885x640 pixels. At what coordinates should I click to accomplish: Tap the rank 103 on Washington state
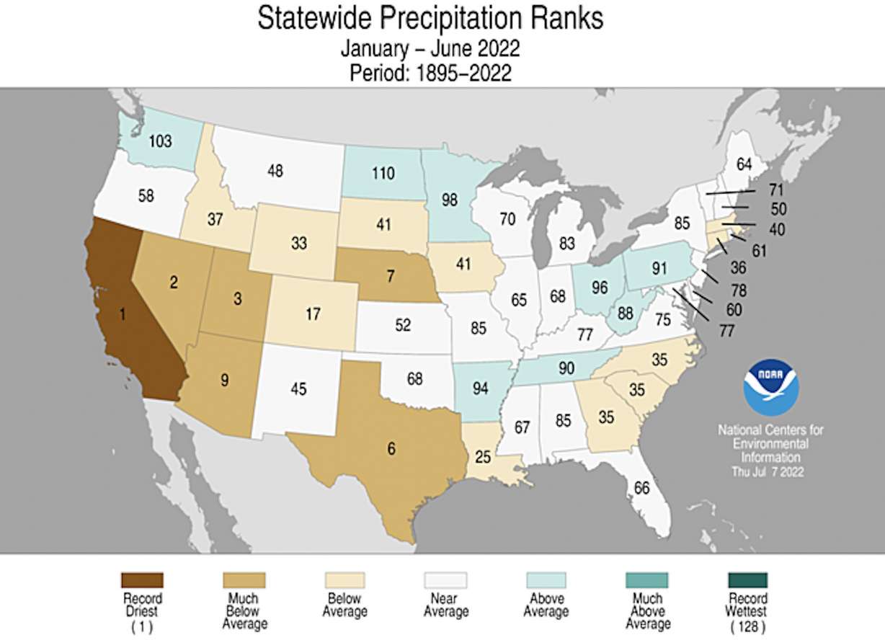pos(159,141)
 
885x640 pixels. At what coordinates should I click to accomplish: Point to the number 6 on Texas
pos(391,448)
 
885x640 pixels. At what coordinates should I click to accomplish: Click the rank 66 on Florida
pos(641,487)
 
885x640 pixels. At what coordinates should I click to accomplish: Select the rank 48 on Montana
pos(275,172)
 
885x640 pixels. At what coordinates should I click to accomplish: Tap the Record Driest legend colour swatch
pos(142,579)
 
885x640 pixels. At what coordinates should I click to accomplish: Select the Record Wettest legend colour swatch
pos(747,579)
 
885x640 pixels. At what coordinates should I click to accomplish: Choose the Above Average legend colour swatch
pos(546,579)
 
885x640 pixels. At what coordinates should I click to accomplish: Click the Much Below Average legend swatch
pos(243,579)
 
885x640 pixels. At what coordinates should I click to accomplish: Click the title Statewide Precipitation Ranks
pos(430,19)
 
